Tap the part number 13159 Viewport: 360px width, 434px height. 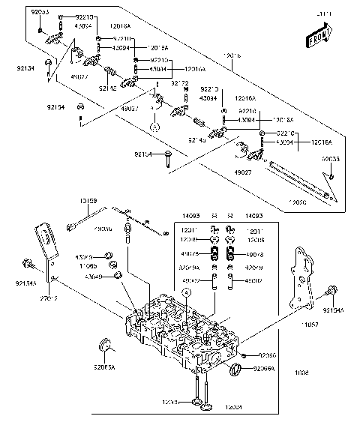pos(88,201)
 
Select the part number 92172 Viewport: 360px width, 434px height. pos(179,83)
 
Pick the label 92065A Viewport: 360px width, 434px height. pos(105,368)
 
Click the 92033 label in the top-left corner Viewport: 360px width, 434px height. pos(40,13)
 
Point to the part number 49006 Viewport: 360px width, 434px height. pos(104,229)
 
